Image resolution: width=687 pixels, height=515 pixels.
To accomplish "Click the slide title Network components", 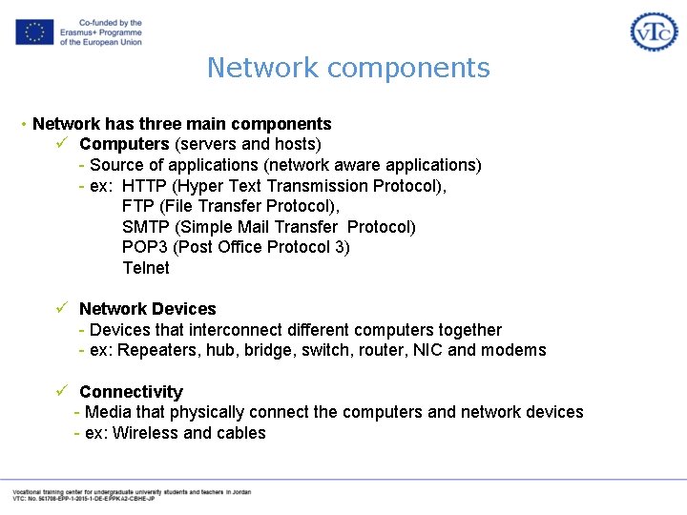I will [x=348, y=69].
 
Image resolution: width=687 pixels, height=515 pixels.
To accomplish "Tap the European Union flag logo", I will [x=33, y=31].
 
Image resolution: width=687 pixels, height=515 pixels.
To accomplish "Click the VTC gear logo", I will [x=654, y=31].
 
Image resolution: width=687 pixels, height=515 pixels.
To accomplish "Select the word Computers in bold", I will [x=124, y=144].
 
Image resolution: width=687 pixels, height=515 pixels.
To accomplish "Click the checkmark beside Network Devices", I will [x=60, y=308].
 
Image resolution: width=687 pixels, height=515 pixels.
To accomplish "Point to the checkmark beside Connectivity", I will [x=60, y=391].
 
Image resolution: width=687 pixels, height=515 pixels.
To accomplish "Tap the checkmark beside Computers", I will [x=60, y=143].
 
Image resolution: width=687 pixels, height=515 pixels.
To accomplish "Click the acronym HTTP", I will [x=144, y=186].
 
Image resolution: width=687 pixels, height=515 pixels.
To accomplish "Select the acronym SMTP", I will [x=146, y=227].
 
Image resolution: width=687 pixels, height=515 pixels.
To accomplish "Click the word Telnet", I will [x=146, y=268].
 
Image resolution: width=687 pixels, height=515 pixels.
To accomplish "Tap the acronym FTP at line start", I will [x=138, y=206].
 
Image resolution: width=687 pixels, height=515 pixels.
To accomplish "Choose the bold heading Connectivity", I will [x=131, y=392].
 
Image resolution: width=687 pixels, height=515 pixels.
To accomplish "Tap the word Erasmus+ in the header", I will [x=80, y=32].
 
